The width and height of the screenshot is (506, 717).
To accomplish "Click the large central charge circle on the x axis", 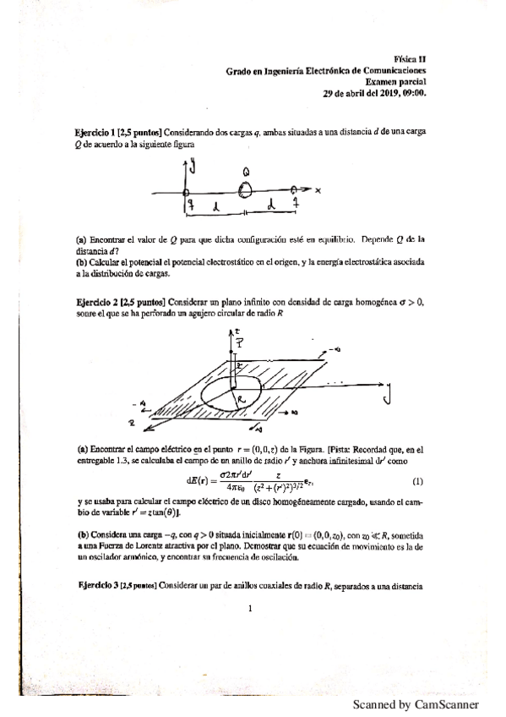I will [245, 191].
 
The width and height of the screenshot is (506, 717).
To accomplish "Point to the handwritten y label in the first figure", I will [193, 167].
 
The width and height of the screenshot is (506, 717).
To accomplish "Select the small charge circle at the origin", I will [186, 193].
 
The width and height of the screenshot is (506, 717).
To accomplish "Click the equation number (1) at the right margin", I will [416, 481].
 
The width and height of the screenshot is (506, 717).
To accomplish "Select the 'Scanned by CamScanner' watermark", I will [415, 704].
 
